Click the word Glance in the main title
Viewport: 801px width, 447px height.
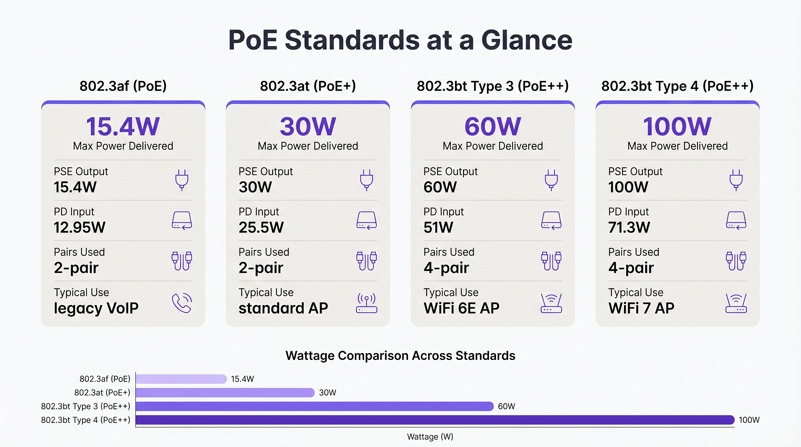[527, 40]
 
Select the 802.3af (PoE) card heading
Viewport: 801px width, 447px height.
[123, 86]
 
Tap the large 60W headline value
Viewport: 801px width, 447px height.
[492, 127]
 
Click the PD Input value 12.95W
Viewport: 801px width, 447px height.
[79, 227]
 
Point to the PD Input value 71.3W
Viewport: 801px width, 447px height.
[629, 227]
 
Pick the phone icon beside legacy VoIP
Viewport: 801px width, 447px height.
[182, 303]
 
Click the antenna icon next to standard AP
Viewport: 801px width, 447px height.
[367, 303]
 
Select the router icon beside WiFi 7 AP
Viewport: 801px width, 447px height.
[736, 303]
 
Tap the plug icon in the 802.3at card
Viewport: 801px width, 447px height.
[367, 180]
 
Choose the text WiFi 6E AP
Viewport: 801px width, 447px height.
[461, 308]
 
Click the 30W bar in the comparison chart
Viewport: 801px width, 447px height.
[225, 393]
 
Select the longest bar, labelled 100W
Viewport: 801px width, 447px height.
[435, 420]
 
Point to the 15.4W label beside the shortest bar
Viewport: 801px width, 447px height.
[242, 379]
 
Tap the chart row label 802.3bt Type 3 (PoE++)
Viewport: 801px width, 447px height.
[86, 406]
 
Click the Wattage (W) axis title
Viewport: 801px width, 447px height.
[430, 437]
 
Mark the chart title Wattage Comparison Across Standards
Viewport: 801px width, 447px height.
[400, 356]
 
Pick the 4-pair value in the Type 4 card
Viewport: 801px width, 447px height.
[631, 268]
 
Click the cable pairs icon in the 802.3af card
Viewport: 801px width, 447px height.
[182, 261]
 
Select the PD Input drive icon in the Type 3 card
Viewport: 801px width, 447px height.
[551, 220]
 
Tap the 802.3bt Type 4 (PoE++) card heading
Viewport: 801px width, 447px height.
[677, 86]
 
